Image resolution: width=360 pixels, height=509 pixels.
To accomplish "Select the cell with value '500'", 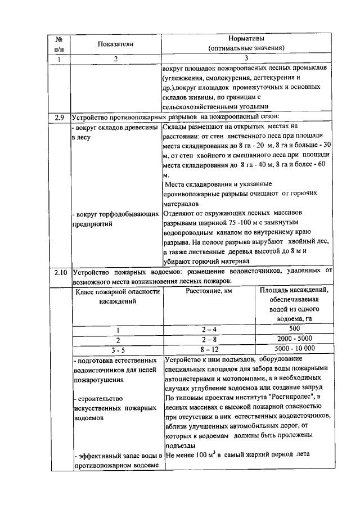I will (x=294, y=329).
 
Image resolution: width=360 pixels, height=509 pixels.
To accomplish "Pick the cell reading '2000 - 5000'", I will (x=294, y=339).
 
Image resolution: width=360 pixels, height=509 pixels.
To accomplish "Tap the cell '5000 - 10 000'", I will (x=294, y=349).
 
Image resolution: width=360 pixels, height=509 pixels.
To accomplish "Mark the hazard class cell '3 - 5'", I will (x=118, y=349).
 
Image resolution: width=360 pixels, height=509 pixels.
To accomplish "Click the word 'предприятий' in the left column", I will (x=93, y=223).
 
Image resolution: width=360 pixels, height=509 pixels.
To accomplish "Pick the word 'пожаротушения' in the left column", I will (x=100, y=380).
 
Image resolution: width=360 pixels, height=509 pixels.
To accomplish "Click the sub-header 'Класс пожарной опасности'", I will (x=118, y=291).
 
